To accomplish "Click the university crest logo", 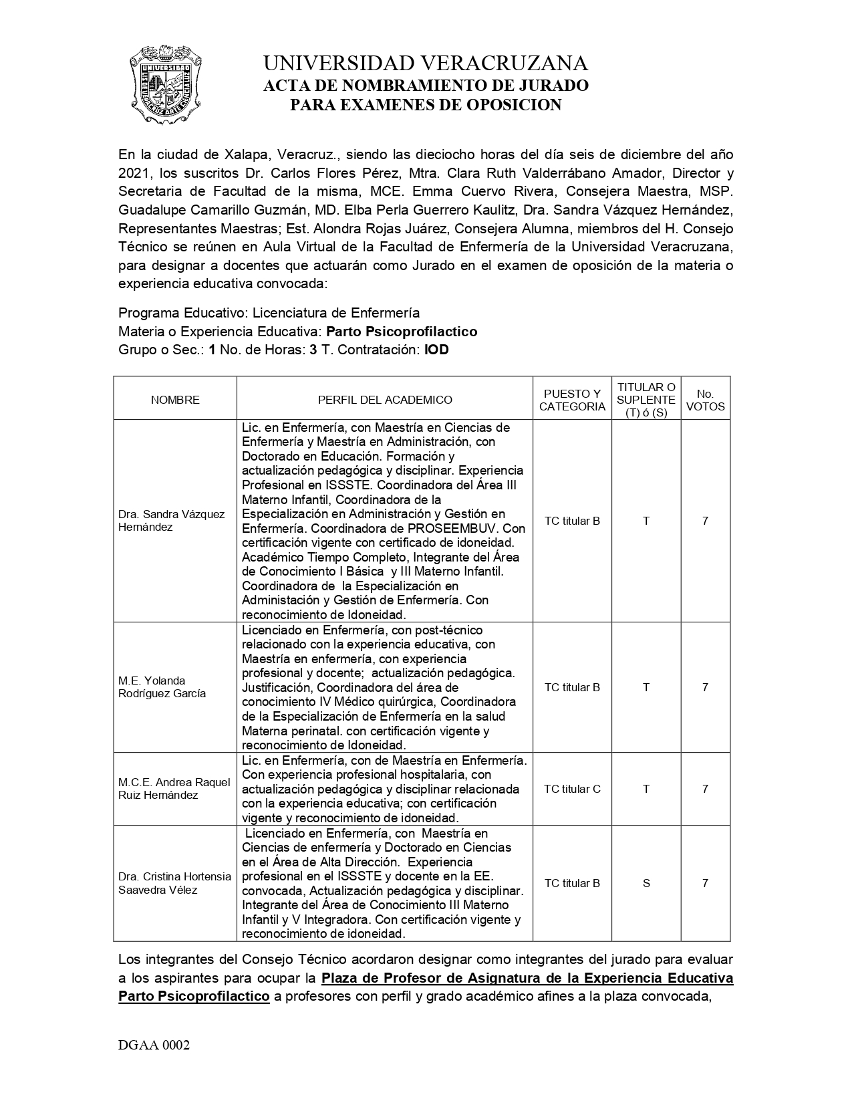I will pyautogui.click(x=164, y=84).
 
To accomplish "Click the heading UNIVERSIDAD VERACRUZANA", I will pyautogui.click(x=426, y=64).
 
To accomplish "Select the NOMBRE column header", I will pyautogui.click(x=175, y=400).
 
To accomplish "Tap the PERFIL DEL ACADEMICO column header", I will pyautogui.click(x=385, y=400).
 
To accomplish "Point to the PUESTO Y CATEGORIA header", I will pyautogui.click(x=572, y=400).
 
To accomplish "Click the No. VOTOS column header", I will pyautogui.click(x=705, y=400).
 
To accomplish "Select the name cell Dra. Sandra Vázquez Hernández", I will pyautogui.click(x=172, y=521).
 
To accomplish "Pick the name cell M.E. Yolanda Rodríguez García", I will pyautogui.click(x=162, y=687).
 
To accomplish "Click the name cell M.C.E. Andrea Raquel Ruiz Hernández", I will pyautogui.click(x=174, y=789).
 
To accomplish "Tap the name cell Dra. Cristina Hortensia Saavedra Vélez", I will pyautogui.click(x=174, y=883).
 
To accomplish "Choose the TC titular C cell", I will pyautogui.click(x=572, y=789).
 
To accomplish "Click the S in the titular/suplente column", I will pyautogui.click(x=646, y=883).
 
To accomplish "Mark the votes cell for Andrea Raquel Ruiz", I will pyautogui.click(x=705, y=789).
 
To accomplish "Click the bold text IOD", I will pyautogui.click(x=436, y=350).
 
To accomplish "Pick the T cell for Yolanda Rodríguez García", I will pyautogui.click(x=646, y=687).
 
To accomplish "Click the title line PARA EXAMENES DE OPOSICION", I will pyautogui.click(x=426, y=104).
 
